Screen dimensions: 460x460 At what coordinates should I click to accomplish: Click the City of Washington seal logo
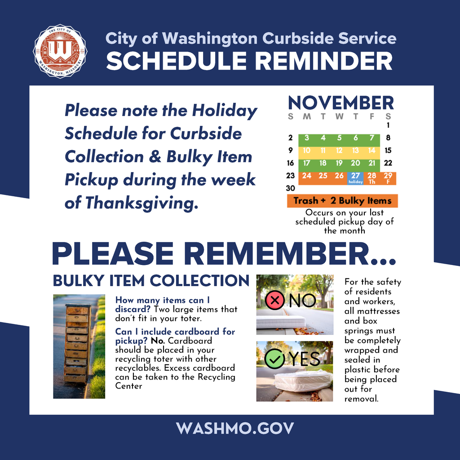point(60,51)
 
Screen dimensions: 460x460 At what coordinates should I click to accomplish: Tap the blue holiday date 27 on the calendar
point(355,177)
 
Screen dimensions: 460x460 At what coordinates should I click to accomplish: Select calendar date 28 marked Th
point(372,177)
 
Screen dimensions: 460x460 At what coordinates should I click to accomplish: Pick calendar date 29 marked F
point(388,177)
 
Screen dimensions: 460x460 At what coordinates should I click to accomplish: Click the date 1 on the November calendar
point(388,126)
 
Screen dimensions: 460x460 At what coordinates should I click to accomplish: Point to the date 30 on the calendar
point(291,188)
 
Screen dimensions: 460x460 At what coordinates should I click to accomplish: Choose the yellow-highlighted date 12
point(339,150)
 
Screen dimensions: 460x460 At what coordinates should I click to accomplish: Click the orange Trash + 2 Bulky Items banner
point(342,201)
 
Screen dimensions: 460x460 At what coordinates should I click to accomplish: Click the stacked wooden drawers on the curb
point(78,344)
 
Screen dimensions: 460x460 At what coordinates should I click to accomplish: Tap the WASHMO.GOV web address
point(235,428)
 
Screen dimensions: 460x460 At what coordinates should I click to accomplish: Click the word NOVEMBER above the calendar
point(341,103)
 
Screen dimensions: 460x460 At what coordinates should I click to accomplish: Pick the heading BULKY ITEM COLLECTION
point(151,281)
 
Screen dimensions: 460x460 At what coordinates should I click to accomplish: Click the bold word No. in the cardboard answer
point(158,341)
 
